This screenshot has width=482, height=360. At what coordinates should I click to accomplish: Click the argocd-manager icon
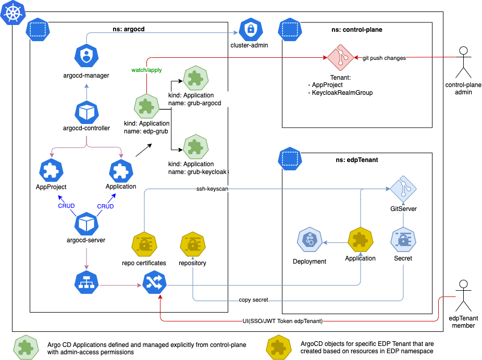pos(85,55)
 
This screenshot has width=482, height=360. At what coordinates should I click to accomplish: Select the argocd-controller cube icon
pos(85,111)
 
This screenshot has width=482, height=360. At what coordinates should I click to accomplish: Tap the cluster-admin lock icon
pos(250,29)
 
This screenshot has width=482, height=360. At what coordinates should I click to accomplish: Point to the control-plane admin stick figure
pos(462,63)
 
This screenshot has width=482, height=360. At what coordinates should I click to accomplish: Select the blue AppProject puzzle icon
pos(51,171)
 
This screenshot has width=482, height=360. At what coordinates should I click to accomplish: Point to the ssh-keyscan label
pos(211,189)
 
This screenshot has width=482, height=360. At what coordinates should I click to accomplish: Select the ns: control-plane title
pos(357,30)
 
